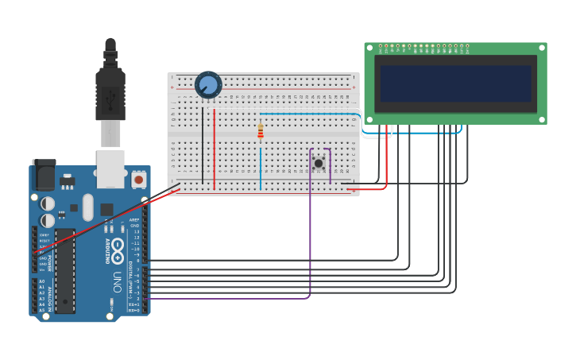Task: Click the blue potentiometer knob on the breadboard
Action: click(x=208, y=84)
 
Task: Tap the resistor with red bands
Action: click(x=260, y=132)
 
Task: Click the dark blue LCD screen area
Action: click(x=455, y=83)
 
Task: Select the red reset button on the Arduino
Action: click(x=139, y=180)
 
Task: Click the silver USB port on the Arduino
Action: click(x=110, y=168)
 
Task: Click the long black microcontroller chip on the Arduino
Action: click(x=64, y=269)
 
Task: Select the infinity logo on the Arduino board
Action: click(x=117, y=247)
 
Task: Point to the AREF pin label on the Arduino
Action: click(x=135, y=219)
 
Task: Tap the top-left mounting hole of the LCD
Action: click(x=369, y=48)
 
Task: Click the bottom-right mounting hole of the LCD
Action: click(x=542, y=120)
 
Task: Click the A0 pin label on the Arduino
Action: click(x=42, y=281)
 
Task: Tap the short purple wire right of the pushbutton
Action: click(x=331, y=165)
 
